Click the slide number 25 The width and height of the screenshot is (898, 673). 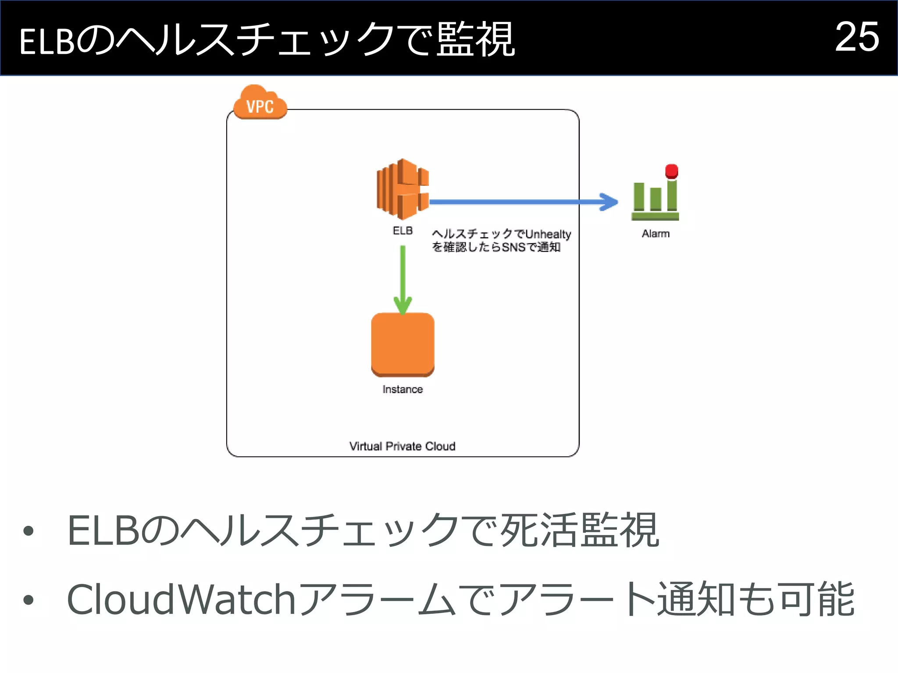point(857,37)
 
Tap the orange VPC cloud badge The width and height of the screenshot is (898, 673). point(260,104)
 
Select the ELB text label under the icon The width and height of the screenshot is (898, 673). point(403,230)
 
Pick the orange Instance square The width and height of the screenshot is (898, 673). point(403,344)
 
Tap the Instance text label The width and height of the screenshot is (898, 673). point(403,390)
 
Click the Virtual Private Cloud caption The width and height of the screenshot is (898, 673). point(402,446)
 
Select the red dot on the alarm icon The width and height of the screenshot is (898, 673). point(671,171)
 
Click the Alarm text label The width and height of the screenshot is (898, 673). point(656,234)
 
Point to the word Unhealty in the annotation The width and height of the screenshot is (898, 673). point(548,234)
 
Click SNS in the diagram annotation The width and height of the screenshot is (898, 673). point(513,247)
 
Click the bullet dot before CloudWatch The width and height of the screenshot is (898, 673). point(29,599)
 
